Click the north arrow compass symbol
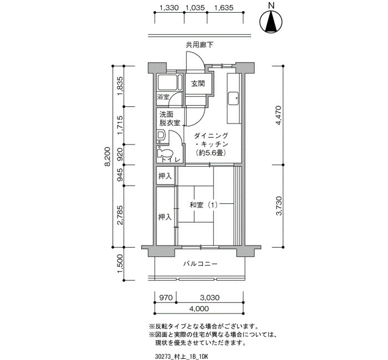(271, 21)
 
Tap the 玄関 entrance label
(198, 83)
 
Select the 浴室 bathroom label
(163, 97)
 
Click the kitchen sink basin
(233, 99)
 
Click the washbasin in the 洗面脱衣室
(161, 135)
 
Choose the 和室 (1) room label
(203, 205)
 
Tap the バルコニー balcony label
(201, 264)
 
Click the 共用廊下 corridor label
(200, 45)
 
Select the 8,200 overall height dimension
(108, 157)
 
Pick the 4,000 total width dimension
(199, 308)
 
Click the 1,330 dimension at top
(169, 8)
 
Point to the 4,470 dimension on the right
(279, 115)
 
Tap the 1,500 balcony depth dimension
(120, 264)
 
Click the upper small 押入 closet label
(165, 176)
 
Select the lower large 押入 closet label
(165, 217)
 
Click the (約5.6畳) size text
(211, 153)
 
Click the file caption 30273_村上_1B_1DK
(181, 356)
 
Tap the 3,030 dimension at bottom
(210, 297)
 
